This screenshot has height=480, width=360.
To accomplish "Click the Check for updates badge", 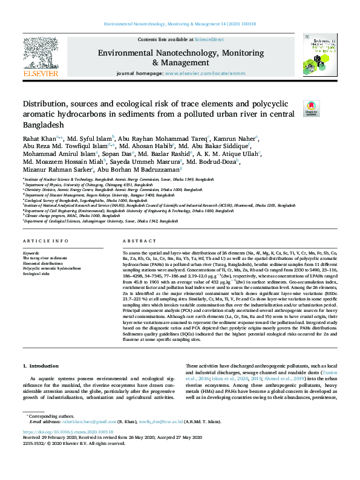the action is click(x=311, y=108).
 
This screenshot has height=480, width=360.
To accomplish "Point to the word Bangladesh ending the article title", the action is click(x=43, y=125).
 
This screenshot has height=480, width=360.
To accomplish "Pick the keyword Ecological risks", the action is click(x=37, y=274).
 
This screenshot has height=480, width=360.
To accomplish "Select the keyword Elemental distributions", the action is click(x=42, y=263).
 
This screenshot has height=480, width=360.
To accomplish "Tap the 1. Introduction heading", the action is click(x=41, y=366).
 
